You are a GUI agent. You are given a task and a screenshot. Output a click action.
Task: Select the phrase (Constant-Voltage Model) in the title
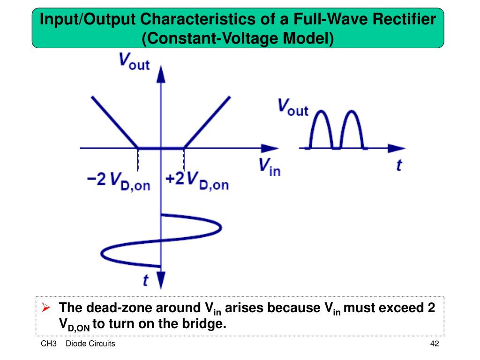238,37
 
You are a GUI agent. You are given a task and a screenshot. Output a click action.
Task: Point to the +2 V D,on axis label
197,181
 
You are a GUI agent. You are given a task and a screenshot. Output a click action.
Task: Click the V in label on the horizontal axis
270,166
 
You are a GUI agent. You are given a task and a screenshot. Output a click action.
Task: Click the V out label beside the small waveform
293,107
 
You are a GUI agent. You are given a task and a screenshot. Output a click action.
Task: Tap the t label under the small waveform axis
399,165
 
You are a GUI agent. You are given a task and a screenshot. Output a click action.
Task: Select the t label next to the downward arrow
146,280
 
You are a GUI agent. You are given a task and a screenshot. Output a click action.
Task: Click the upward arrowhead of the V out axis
161,73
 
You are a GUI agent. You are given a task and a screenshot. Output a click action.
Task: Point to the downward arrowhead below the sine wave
161,281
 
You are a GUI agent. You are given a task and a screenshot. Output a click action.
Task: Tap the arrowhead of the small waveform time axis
397,148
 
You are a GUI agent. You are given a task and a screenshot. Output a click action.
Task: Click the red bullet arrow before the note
46,308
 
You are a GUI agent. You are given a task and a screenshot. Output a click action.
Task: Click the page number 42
434,344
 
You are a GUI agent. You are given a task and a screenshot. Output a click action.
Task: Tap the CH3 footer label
49,344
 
